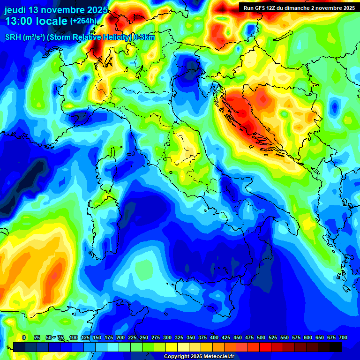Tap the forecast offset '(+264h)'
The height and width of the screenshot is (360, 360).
[83, 21]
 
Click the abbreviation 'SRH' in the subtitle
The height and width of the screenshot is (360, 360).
[14, 38]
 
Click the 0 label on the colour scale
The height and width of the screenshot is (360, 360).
[24, 337]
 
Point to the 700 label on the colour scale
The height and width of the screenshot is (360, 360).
[343, 337]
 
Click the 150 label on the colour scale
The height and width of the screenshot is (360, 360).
[85, 337]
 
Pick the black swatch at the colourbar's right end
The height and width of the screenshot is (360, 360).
[336, 347]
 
